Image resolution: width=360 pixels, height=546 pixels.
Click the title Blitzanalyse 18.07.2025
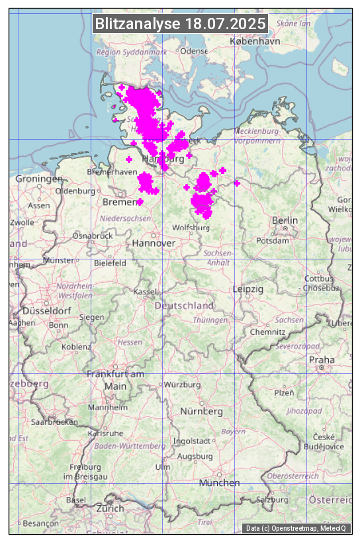click(x=181, y=24)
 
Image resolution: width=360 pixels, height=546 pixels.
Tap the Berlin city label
click(x=285, y=220)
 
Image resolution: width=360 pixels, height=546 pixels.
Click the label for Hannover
click(x=154, y=244)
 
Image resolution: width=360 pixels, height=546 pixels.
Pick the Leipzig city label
click(x=248, y=289)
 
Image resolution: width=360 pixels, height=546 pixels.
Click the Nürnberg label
click(x=202, y=412)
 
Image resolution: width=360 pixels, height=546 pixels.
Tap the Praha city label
click(x=321, y=359)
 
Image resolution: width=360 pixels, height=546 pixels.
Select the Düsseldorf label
click(x=46, y=310)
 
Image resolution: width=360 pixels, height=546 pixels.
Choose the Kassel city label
click(x=144, y=291)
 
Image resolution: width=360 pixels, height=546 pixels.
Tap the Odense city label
click(x=194, y=51)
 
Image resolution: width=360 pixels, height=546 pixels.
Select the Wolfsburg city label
click(x=191, y=228)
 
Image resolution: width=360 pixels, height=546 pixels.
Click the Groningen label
click(x=39, y=179)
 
